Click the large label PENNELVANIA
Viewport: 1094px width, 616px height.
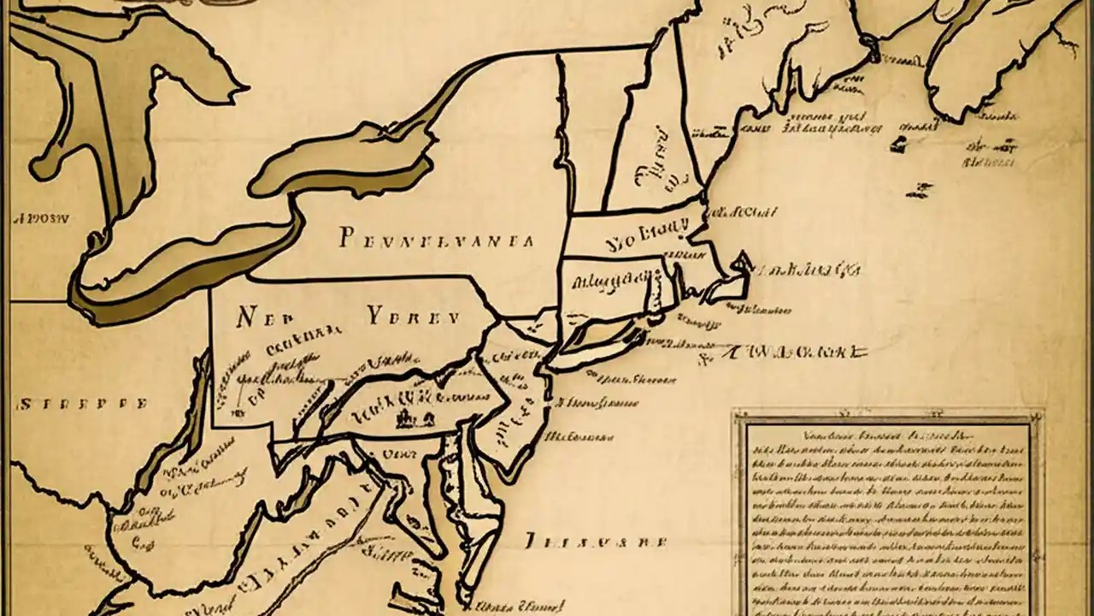(x=436, y=239)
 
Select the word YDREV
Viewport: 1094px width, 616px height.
(x=414, y=317)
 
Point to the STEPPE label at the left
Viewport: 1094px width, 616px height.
(x=83, y=404)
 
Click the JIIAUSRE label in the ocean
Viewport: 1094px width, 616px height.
(x=594, y=542)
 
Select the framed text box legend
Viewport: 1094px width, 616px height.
(x=887, y=512)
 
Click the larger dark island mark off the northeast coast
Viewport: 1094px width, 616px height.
(x=898, y=144)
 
